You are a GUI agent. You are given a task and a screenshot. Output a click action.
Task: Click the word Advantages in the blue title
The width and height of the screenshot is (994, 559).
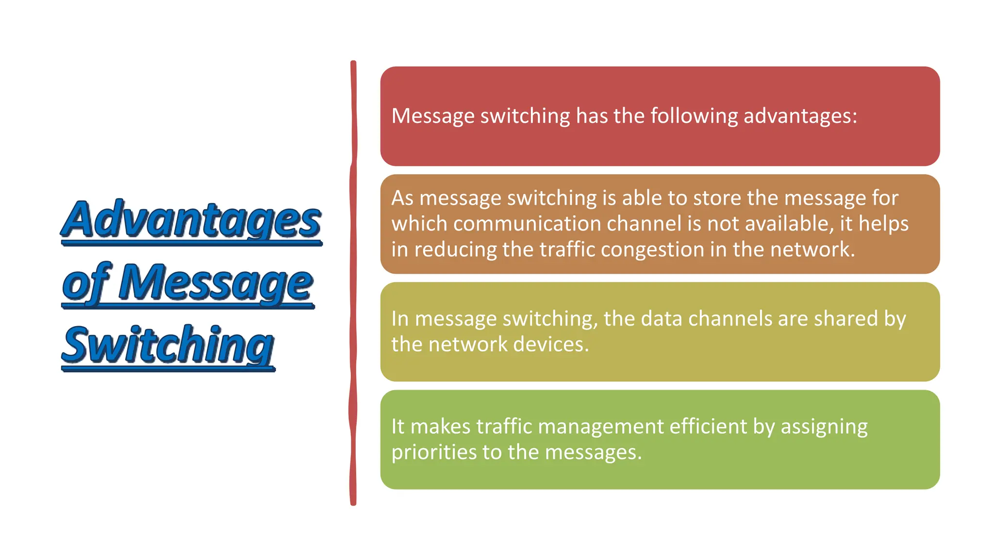(191, 219)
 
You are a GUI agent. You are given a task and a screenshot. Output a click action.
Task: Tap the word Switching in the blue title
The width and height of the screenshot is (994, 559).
(168, 345)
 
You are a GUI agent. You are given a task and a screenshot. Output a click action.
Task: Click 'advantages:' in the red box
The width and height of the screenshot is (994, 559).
(800, 116)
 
